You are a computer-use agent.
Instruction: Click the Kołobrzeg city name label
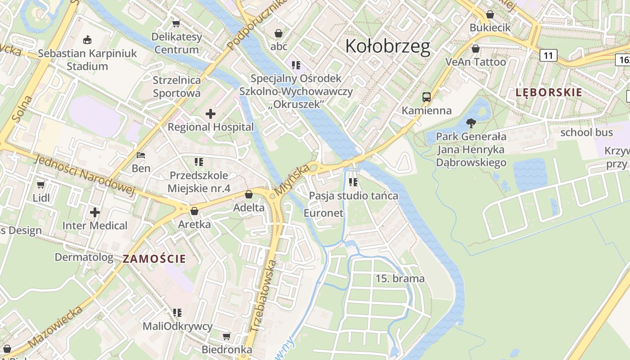(x=387, y=46)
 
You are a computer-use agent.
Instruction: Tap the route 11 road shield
(x=548, y=55)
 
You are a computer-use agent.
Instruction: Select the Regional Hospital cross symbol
(x=210, y=114)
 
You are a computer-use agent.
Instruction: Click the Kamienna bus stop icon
(x=426, y=97)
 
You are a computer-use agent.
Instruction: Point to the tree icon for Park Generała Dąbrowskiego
(x=471, y=123)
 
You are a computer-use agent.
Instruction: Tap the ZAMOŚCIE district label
(x=154, y=259)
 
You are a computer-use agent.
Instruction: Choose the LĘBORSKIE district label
(x=549, y=93)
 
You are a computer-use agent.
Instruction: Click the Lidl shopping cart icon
(x=41, y=184)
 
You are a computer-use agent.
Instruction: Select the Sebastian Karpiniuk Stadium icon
(x=87, y=40)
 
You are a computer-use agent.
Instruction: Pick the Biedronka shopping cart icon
(x=227, y=337)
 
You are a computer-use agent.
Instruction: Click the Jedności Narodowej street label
(x=85, y=175)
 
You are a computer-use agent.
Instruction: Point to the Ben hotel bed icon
(x=141, y=156)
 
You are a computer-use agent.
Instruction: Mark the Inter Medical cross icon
(x=95, y=212)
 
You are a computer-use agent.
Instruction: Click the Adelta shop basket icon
(x=248, y=194)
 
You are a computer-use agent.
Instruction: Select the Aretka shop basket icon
(x=194, y=211)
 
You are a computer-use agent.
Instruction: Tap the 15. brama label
(x=400, y=279)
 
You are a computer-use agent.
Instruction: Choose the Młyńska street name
(x=292, y=180)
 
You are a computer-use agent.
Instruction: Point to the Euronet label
(x=324, y=213)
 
